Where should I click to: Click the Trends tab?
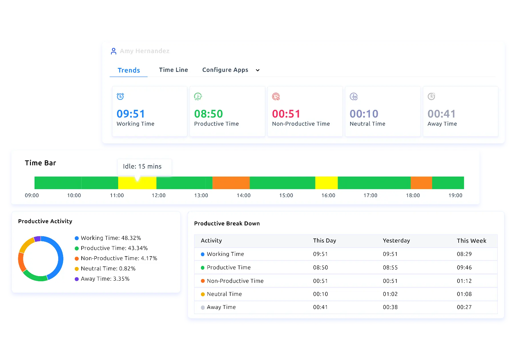tap(129, 70)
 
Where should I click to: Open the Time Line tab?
tap(173, 70)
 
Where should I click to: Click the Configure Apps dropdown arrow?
tap(257, 70)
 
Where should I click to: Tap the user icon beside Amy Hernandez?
tap(114, 51)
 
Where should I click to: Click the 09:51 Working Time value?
tap(131, 114)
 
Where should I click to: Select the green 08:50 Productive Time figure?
tap(208, 114)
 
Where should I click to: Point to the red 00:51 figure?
tap(286, 114)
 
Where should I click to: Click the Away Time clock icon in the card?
tap(431, 96)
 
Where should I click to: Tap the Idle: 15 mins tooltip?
tap(142, 166)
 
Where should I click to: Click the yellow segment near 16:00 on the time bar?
tap(326, 183)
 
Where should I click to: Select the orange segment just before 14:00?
tap(231, 183)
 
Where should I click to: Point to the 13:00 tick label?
tap(201, 195)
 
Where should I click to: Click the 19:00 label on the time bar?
tap(455, 195)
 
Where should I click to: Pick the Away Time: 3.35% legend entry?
tap(105, 279)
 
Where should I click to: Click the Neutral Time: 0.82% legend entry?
tap(108, 268)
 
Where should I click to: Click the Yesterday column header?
tap(396, 240)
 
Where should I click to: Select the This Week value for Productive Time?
tap(464, 268)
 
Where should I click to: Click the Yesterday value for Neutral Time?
tap(390, 294)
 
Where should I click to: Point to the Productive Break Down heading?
tap(227, 223)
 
